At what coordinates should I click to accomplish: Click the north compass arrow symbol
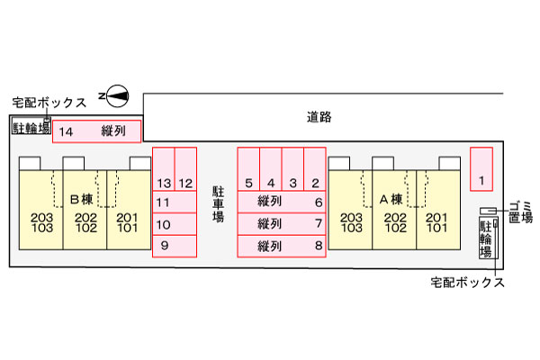[x=117, y=94]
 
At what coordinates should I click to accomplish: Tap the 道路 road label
[x=319, y=116]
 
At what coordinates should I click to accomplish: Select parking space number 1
[x=481, y=168]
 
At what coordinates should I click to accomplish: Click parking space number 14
[x=96, y=131]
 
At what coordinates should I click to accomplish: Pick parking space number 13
[x=163, y=171]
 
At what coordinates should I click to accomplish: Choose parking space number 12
[x=185, y=171]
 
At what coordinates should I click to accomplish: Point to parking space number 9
[x=174, y=246]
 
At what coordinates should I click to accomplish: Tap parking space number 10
[x=174, y=224]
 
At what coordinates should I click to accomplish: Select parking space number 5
[x=248, y=171]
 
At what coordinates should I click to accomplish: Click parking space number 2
[x=315, y=171]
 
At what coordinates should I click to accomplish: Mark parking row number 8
[x=280, y=246]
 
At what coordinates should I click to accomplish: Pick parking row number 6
[x=280, y=201]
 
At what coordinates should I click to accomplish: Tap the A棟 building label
[x=391, y=199]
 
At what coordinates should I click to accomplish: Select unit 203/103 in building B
[x=41, y=222]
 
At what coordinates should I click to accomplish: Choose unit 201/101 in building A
[x=436, y=222]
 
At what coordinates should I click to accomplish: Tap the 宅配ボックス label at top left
[x=49, y=102]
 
